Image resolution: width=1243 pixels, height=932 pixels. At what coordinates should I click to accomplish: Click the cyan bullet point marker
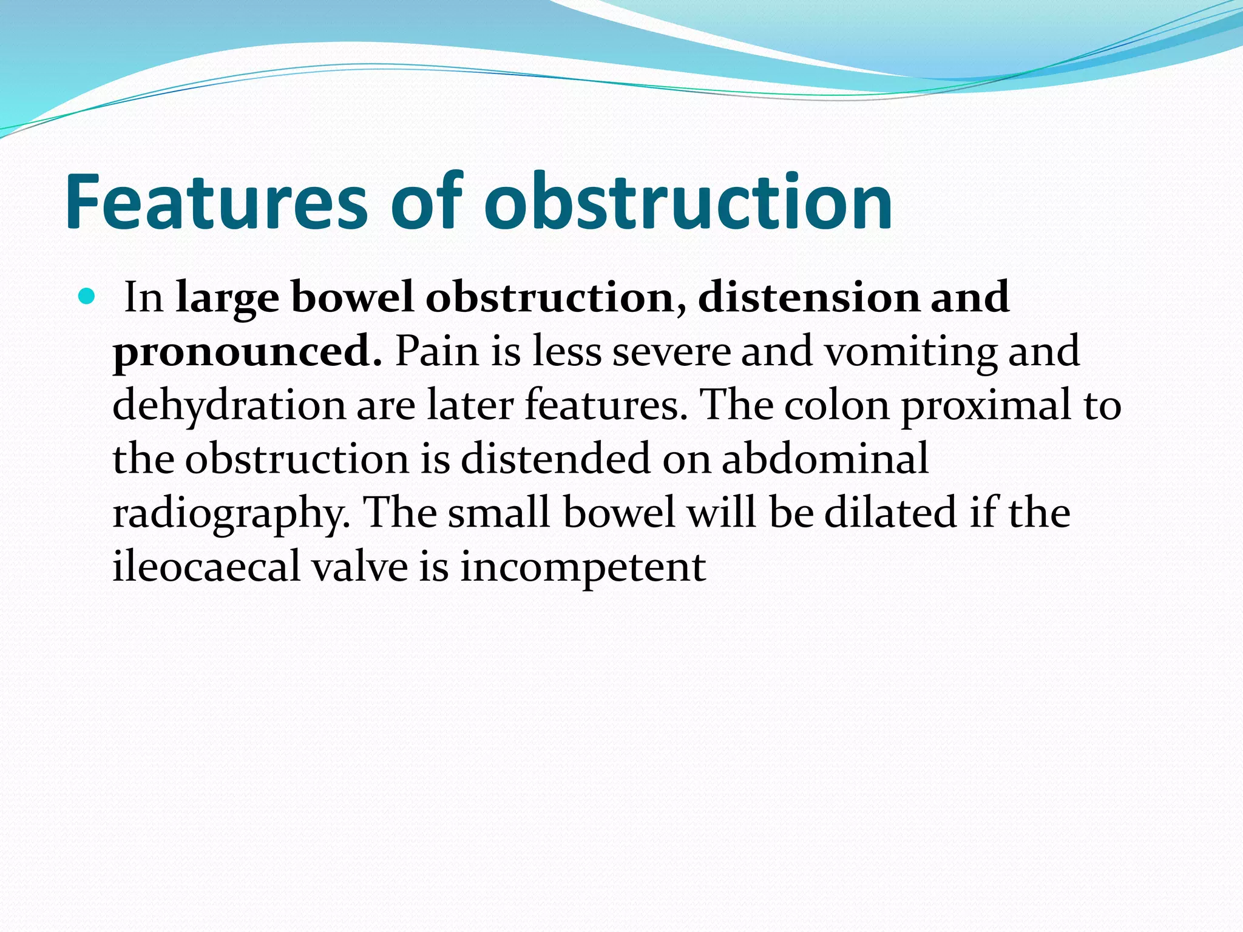[87, 297]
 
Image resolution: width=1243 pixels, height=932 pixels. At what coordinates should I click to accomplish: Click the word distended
[555, 459]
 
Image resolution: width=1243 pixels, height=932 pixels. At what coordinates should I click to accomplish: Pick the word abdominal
[825, 459]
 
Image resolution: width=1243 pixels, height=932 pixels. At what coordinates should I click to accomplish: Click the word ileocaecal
[207, 566]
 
